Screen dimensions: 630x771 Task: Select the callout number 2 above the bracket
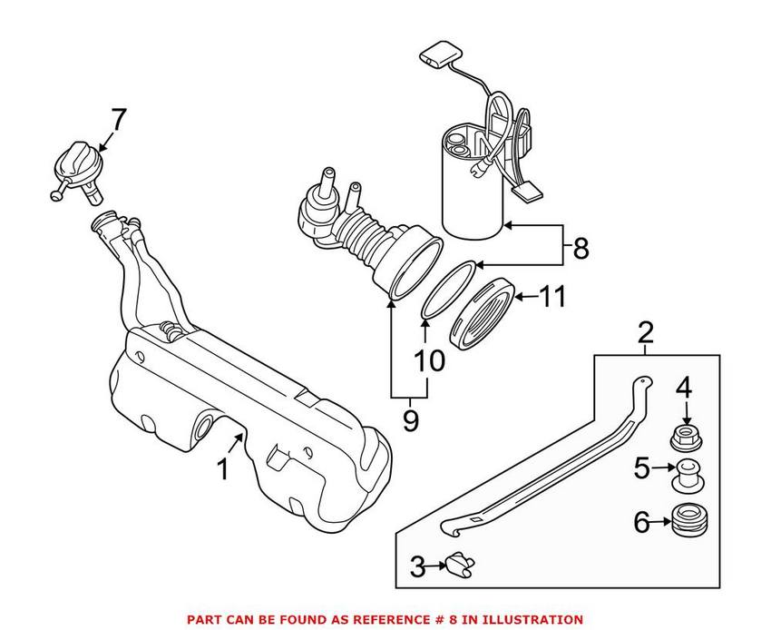(x=645, y=333)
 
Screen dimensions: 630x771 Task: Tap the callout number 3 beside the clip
(x=417, y=568)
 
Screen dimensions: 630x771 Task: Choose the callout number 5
(x=642, y=469)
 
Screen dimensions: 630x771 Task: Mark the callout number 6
(x=642, y=522)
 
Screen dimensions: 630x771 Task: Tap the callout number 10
(x=430, y=360)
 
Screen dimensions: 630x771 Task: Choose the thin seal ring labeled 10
(x=445, y=288)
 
